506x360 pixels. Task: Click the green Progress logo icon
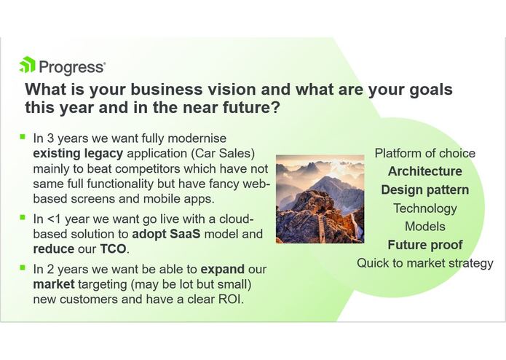point(27,66)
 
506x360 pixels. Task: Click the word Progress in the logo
point(71,67)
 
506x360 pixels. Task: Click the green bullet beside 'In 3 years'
point(23,136)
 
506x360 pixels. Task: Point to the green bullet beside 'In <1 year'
point(23,219)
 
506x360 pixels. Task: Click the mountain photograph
point(320,199)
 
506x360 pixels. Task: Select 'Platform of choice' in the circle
point(424,153)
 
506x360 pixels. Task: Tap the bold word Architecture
point(424,171)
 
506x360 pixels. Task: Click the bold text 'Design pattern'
point(424,189)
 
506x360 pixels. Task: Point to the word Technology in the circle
point(424,208)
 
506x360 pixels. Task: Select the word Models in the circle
point(424,227)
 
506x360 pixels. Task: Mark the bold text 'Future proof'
point(424,245)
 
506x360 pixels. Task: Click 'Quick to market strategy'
point(424,263)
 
